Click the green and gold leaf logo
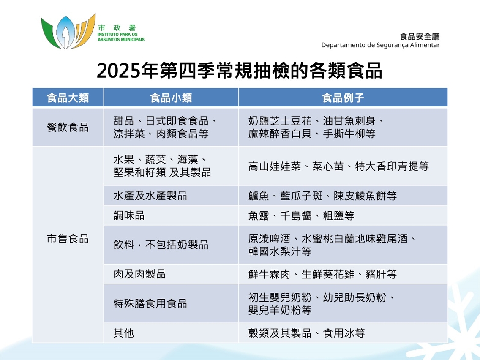tap(68, 31)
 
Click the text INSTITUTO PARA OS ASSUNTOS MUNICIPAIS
tap(121, 37)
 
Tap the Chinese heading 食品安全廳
tap(420, 37)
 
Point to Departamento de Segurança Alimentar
tap(380, 45)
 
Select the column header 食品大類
tap(68, 98)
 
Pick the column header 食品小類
tap(171, 98)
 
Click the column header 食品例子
tap(343, 98)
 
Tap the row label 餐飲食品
tap(68, 127)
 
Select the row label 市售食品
tap(68, 239)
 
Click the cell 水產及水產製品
tap(150, 196)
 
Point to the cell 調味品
tap(129, 215)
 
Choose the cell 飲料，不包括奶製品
tap(161, 245)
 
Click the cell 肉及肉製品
tap(139, 274)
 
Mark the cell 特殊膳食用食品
tap(150, 303)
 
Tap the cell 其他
tap(124, 333)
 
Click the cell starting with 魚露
tap(301, 215)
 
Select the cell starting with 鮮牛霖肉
tap(323, 274)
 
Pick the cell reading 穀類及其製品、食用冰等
tap(307, 333)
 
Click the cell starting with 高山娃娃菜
tap(338, 166)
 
